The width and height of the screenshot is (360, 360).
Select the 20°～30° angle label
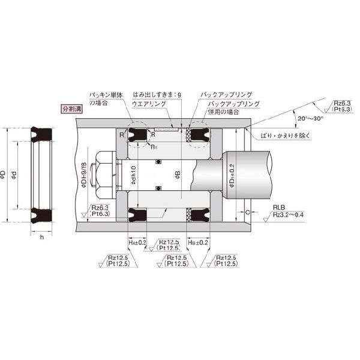(x=311, y=118)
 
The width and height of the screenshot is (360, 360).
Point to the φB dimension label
(x=178, y=175)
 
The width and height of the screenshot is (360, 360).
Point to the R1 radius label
(x=154, y=146)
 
